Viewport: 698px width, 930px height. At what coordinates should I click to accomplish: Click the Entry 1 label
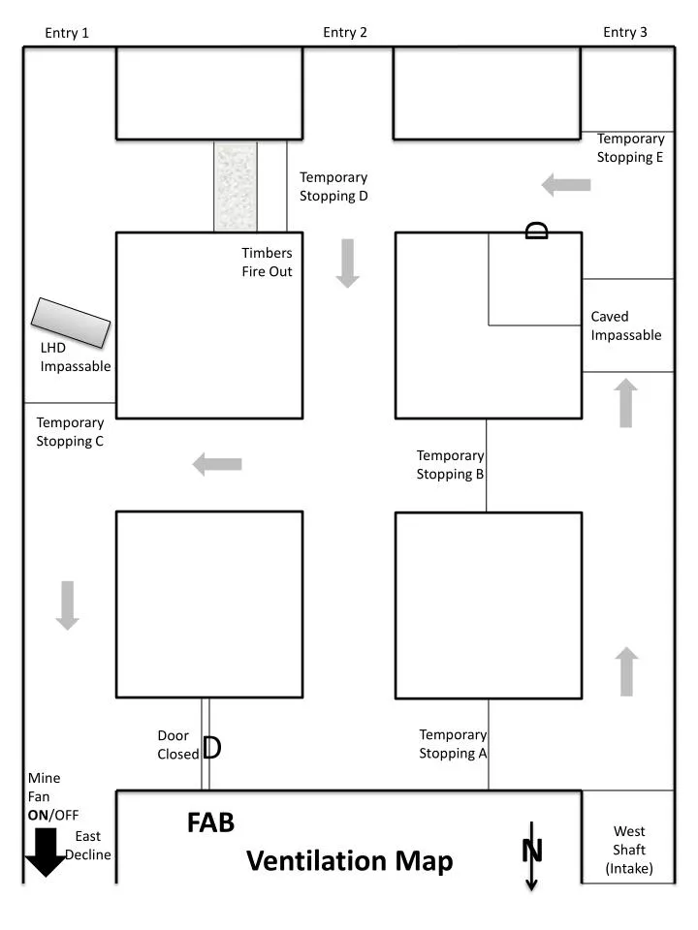(x=67, y=33)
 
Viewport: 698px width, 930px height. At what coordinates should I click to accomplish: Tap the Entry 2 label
(x=345, y=32)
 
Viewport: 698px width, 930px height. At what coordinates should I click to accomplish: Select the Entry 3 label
(x=625, y=32)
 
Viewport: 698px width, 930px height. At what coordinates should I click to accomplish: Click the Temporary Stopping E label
(x=630, y=148)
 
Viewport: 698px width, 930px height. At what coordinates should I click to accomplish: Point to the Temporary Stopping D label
(x=333, y=186)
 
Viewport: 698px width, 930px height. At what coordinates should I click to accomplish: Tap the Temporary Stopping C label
(x=70, y=431)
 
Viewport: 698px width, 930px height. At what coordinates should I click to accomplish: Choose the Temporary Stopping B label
(x=450, y=464)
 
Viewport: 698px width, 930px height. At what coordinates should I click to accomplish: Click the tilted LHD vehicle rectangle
(x=71, y=323)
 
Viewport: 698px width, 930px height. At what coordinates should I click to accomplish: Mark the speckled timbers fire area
(x=236, y=187)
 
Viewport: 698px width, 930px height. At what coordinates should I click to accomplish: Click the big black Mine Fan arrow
(x=46, y=852)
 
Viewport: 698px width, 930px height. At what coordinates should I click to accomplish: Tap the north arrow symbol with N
(x=531, y=853)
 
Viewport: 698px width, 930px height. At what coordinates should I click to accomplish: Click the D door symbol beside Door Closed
(x=212, y=748)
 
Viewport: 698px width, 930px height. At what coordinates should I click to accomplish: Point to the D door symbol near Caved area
(x=536, y=230)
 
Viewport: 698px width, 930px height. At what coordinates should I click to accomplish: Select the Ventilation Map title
(x=349, y=860)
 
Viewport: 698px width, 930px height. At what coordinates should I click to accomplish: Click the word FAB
(x=210, y=822)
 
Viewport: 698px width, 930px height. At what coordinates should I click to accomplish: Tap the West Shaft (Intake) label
(x=629, y=850)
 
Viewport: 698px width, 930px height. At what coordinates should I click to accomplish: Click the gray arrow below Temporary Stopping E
(x=566, y=184)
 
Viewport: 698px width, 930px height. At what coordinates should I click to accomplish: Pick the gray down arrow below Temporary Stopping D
(x=347, y=264)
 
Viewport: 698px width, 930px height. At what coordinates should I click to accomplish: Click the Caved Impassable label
(x=626, y=325)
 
